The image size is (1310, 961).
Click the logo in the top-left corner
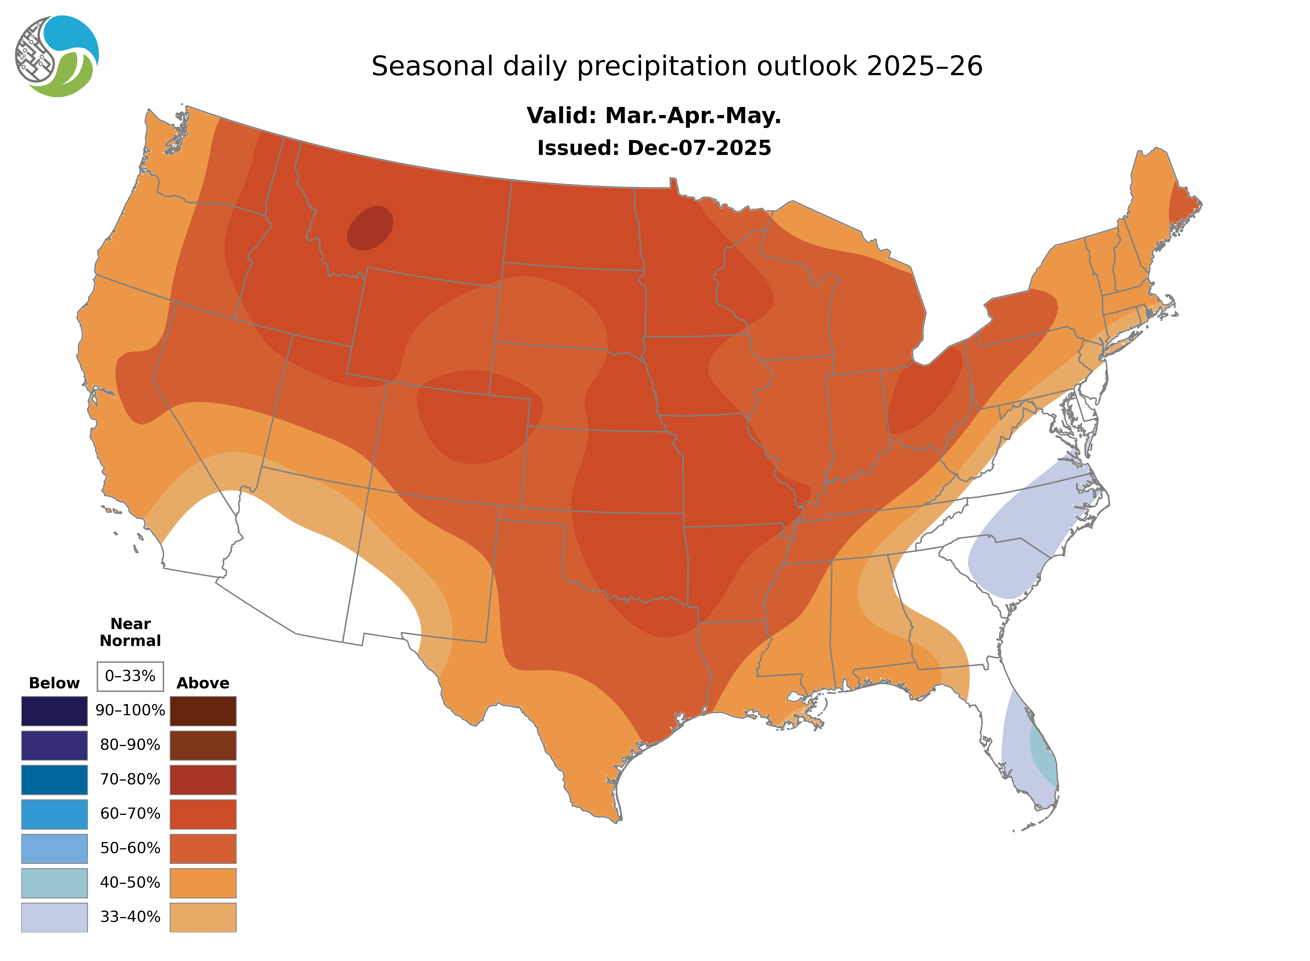(x=57, y=57)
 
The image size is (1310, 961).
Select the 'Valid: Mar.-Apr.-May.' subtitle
(x=654, y=116)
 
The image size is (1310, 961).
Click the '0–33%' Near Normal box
(x=130, y=676)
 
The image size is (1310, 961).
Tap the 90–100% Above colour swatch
(x=203, y=711)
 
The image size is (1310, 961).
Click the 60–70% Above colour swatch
(x=203, y=814)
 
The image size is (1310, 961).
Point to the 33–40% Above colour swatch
(x=203, y=917)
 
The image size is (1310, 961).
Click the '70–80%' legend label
(x=130, y=780)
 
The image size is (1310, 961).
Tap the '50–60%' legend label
(x=130, y=848)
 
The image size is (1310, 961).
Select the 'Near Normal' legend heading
(x=130, y=632)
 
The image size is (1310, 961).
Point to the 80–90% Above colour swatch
(x=203, y=745)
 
